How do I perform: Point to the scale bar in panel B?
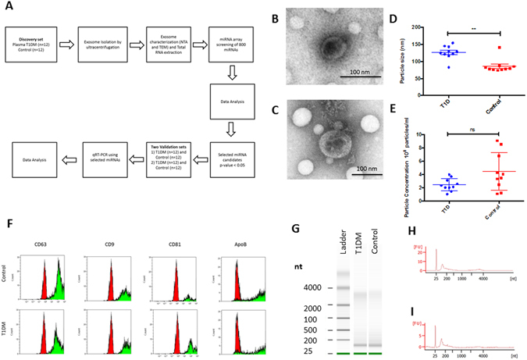coord(359,77)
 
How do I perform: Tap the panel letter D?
coord(405,12)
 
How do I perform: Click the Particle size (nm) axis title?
coord(415,59)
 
